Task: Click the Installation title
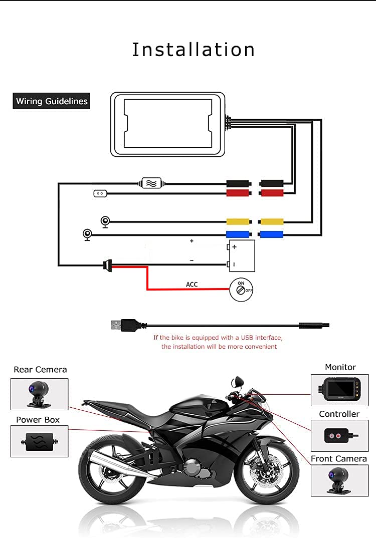pyautogui.click(x=194, y=50)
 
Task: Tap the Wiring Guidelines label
pyautogui.click(x=52, y=101)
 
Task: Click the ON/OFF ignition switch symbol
pyautogui.click(x=241, y=290)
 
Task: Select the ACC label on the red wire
pyautogui.click(x=192, y=285)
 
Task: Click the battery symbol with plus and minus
pyautogui.click(x=241, y=256)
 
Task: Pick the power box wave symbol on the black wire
pyautogui.click(x=151, y=183)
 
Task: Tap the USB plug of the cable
pyautogui.click(x=126, y=325)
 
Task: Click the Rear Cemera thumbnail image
pyautogui.click(x=40, y=394)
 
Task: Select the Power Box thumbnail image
pyautogui.click(x=40, y=441)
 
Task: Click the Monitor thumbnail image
pyautogui.click(x=339, y=390)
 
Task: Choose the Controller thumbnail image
pyautogui.click(x=339, y=436)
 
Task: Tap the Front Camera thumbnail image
pyautogui.click(x=339, y=481)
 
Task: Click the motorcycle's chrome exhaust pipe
pyautogui.click(x=117, y=462)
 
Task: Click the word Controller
pyautogui.click(x=339, y=414)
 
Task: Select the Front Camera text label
pyautogui.click(x=339, y=459)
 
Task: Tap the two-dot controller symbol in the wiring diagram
pyautogui.click(x=100, y=193)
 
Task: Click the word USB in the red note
pyautogui.click(x=247, y=338)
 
